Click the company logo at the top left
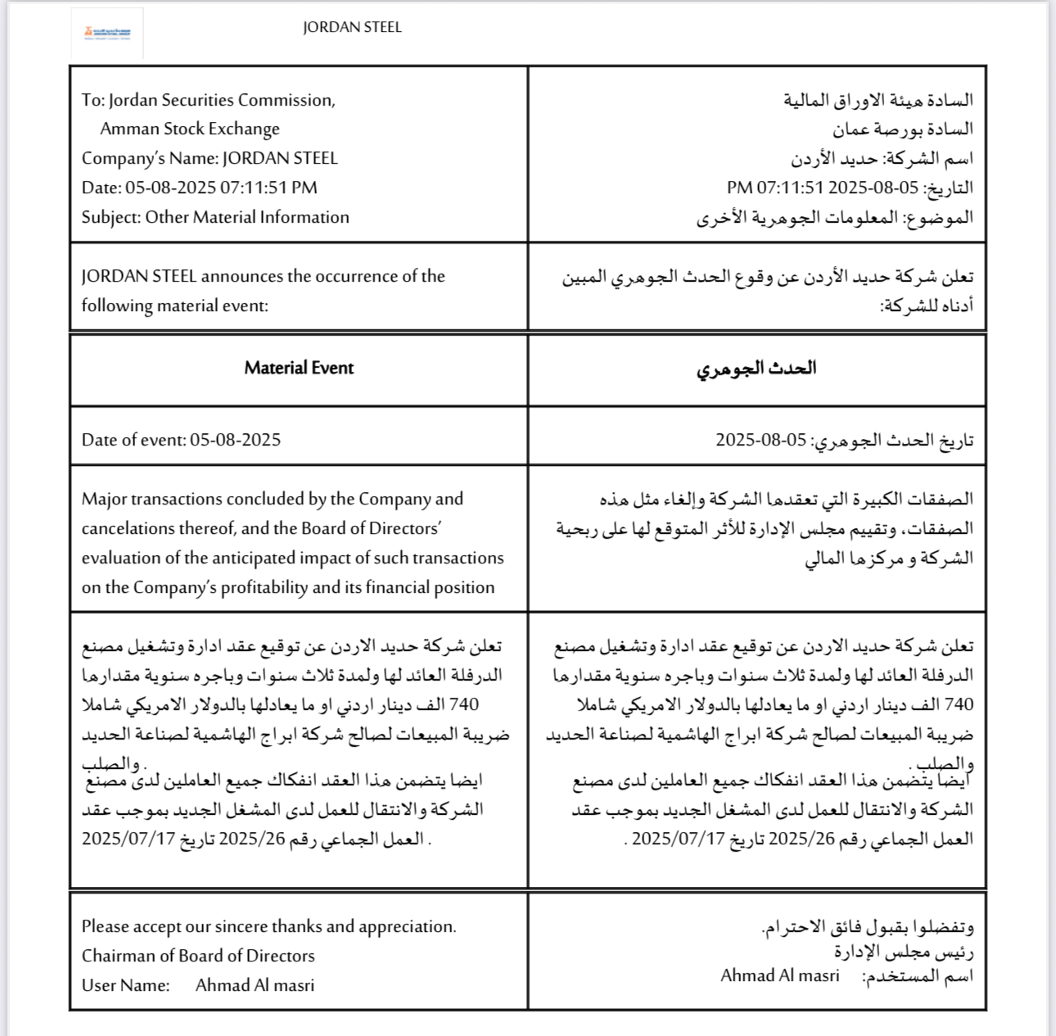pyautogui.click(x=107, y=34)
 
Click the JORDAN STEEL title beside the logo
pyautogui.click(x=352, y=27)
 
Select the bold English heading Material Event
pyautogui.click(x=299, y=368)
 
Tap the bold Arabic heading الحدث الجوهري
pyautogui.click(x=756, y=369)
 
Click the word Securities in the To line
pyautogui.click(x=204, y=100)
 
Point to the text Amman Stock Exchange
pyautogui.click(x=190, y=129)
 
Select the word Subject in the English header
pyautogui.click(x=110, y=217)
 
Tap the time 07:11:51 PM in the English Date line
pyautogui.click(x=268, y=188)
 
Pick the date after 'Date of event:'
pyautogui.click(x=236, y=440)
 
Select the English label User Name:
pyautogui.click(x=125, y=985)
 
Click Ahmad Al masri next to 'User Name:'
pyautogui.click(x=255, y=985)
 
